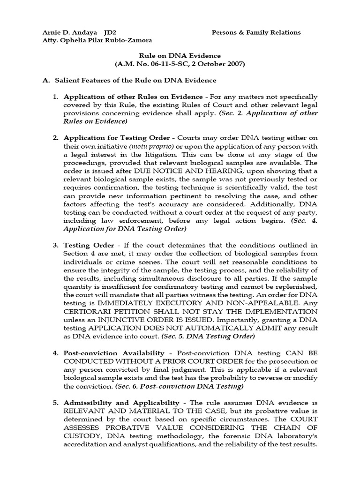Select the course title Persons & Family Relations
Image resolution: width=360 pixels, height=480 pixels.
click(x=256, y=32)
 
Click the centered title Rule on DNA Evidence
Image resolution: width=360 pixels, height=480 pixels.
click(x=180, y=55)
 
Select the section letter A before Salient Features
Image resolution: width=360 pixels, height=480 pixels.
click(x=45, y=80)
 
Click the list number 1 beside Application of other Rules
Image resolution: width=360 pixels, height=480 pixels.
click(x=55, y=97)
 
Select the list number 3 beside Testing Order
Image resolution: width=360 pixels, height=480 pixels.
click(x=55, y=245)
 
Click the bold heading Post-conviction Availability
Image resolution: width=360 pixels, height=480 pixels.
click(x=114, y=352)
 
